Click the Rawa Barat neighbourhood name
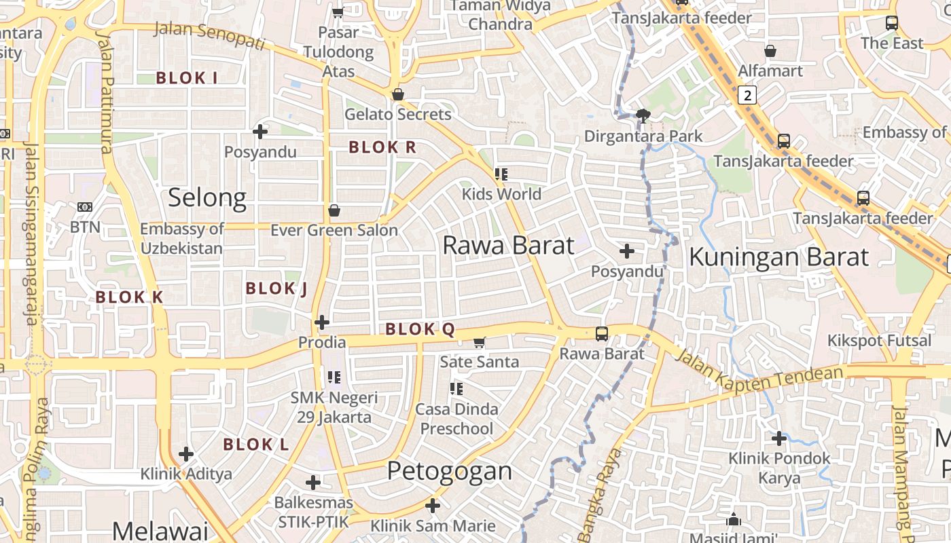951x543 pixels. click(508, 245)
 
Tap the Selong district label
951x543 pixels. click(207, 198)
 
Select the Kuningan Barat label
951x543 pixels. click(778, 257)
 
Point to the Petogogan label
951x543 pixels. click(449, 470)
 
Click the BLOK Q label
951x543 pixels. click(420, 330)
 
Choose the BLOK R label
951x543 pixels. click(382, 147)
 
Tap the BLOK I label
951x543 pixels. click(187, 78)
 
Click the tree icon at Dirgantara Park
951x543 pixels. click(643, 116)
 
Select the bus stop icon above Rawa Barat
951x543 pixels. click(602, 333)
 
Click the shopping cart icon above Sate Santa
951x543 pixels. click(480, 342)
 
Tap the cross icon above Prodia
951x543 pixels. click(322, 322)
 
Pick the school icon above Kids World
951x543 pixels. click(501, 174)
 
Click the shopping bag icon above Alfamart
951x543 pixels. click(770, 51)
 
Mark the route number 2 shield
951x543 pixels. click(748, 95)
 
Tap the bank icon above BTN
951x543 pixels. click(85, 207)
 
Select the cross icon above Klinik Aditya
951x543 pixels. click(186, 453)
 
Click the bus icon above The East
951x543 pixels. click(892, 22)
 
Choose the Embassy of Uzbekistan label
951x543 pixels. click(181, 238)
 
